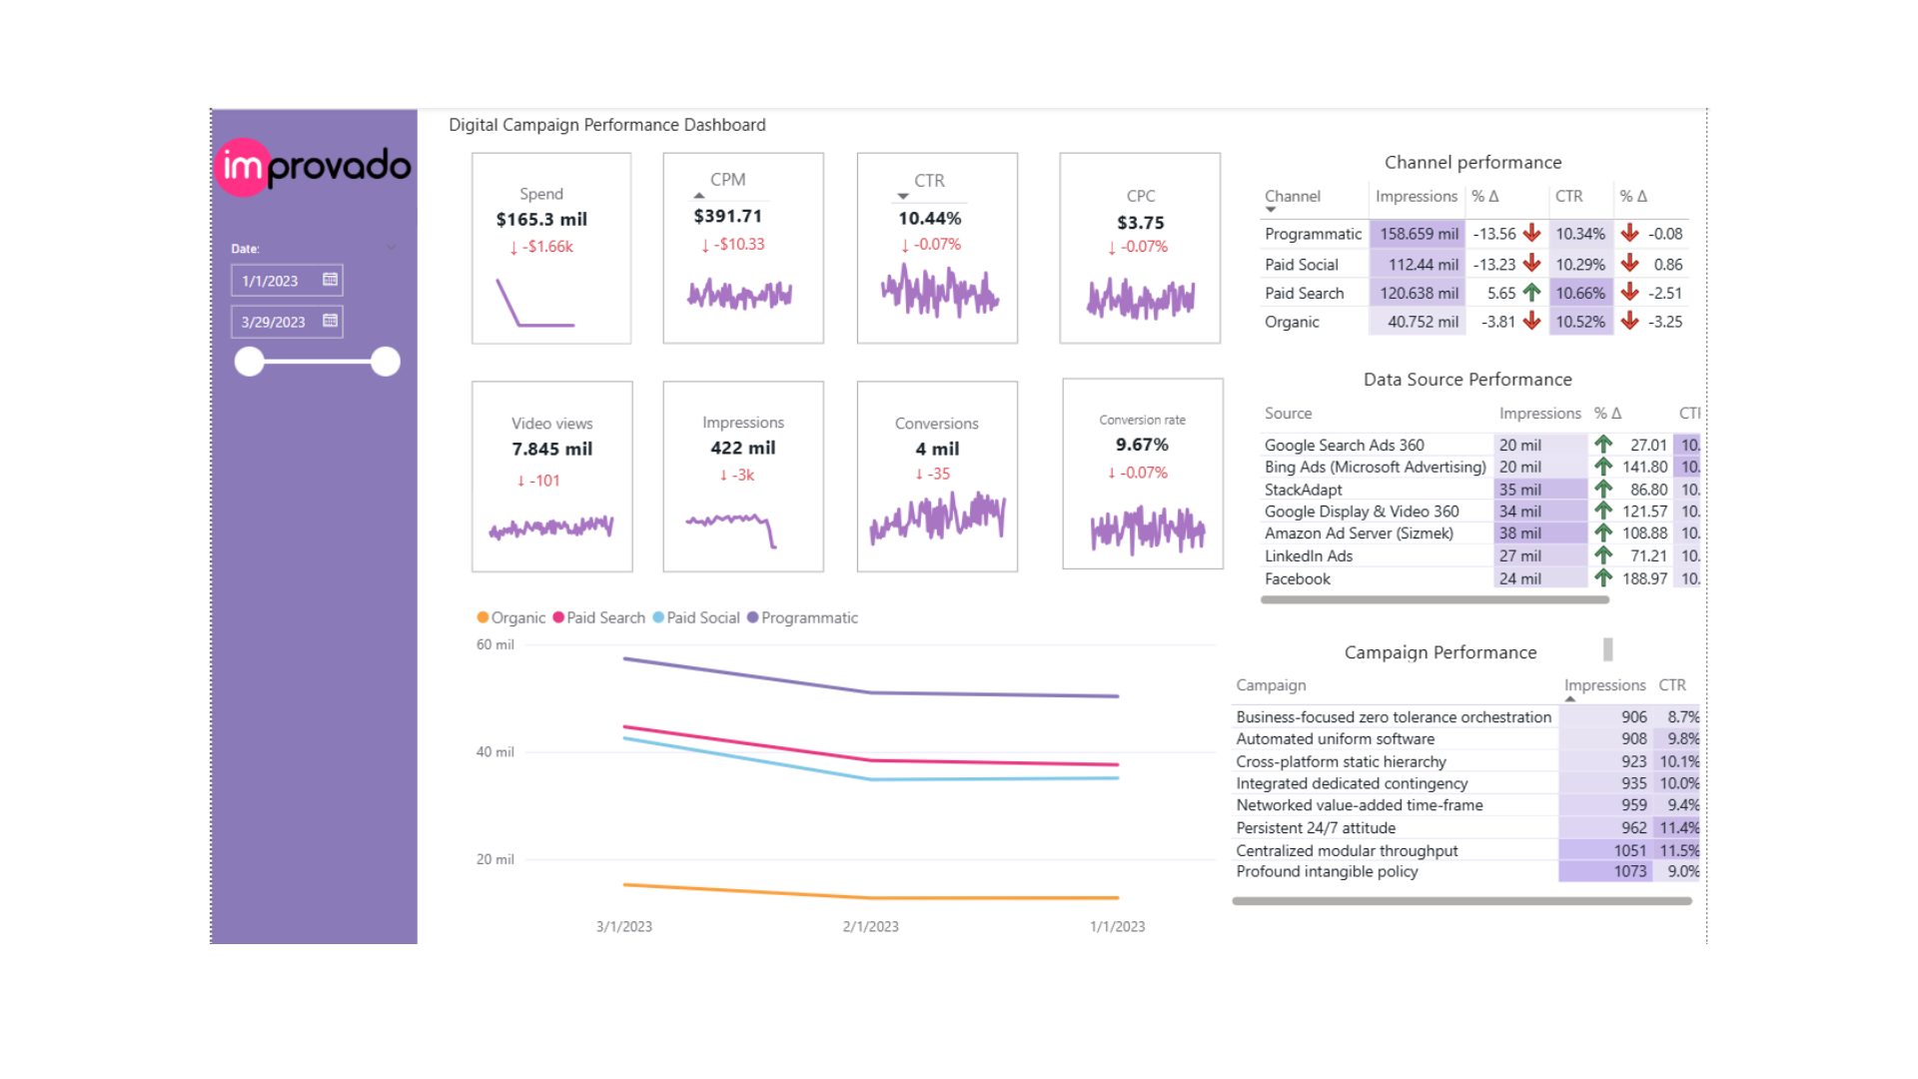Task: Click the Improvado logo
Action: (313, 167)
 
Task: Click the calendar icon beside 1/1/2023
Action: (330, 280)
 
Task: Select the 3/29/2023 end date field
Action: (275, 322)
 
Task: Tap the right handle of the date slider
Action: (385, 362)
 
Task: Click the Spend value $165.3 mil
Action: (541, 220)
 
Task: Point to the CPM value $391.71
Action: (727, 216)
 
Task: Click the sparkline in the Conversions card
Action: (937, 518)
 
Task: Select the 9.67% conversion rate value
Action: (1142, 445)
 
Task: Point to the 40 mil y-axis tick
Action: (494, 752)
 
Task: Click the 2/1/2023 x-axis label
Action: (870, 926)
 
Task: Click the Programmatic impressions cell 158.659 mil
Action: (1419, 234)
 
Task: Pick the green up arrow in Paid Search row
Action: (1531, 293)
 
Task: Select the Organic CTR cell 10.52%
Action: (1579, 322)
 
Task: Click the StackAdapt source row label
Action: (1303, 490)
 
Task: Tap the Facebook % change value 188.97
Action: (1644, 578)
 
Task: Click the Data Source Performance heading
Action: (1467, 380)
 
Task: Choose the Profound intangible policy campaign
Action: (1327, 871)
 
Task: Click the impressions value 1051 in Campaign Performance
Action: (1629, 850)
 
